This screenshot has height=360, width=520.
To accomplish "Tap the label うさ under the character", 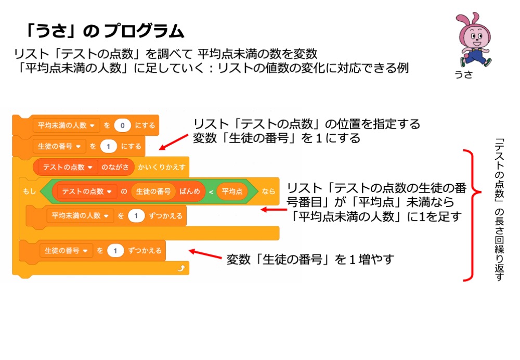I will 464,74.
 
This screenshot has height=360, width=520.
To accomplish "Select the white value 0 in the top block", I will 123,125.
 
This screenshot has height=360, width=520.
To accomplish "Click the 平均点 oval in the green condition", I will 232,191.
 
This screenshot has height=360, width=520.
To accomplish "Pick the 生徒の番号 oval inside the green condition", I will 153,191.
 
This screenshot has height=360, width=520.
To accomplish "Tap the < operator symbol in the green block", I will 211,191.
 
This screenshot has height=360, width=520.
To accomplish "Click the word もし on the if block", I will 29,191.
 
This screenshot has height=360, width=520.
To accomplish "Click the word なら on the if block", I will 268,191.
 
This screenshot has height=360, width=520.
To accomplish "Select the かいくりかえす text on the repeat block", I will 162,168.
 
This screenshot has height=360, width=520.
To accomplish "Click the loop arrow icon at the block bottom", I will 180,268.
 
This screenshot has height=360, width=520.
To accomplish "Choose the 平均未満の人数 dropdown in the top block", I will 66,125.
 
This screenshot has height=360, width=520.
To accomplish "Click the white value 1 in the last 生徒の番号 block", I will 115,250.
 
